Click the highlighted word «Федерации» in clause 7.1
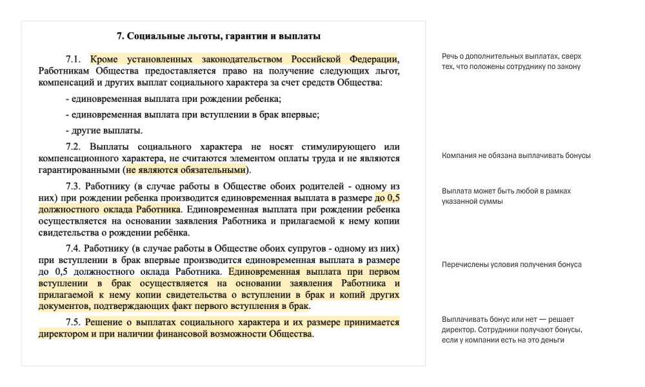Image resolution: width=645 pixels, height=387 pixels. pos(372,59)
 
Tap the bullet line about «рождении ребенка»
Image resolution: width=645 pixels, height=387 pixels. pos(174,99)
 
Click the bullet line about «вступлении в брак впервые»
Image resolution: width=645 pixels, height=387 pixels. pos(193,115)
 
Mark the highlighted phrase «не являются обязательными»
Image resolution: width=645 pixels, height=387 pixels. pos(186,170)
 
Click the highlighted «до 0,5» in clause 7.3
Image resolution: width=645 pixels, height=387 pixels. pos(386,199)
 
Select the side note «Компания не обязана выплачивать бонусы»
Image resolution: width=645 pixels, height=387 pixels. pos(516,156)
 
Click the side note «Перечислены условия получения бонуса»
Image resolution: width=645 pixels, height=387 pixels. pos(511,264)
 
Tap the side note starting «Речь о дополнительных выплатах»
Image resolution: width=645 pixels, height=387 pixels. pos(511,61)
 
